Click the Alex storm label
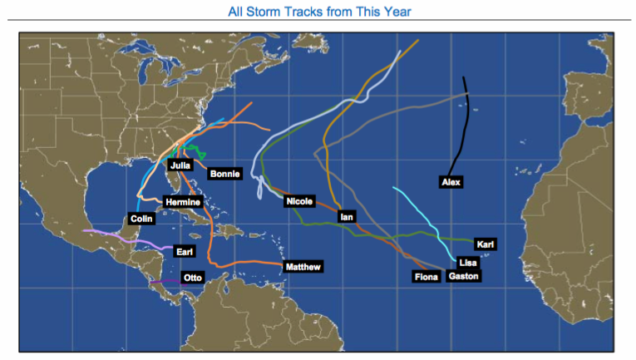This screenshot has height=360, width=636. point(451,181)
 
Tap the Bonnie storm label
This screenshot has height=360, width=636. point(224,174)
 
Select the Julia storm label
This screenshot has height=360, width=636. point(180,165)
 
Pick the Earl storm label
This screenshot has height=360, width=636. point(185,250)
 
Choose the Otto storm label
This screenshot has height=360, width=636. point(192,278)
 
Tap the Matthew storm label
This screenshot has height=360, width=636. point(302,267)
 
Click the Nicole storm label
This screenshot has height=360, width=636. point(298,201)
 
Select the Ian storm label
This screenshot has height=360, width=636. point(348,217)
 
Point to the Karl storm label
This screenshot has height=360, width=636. point(486,244)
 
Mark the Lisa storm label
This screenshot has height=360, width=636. point(467,262)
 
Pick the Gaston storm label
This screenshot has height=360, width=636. point(463,276)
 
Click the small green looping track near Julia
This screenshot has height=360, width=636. point(196,152)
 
